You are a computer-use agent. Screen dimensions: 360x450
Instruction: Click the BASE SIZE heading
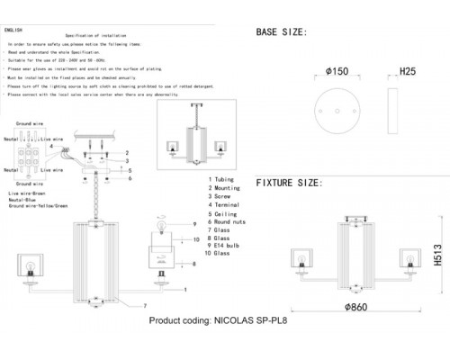[x=282, y=31]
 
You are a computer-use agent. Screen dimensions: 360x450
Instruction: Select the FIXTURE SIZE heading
[x=288, y=183]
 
